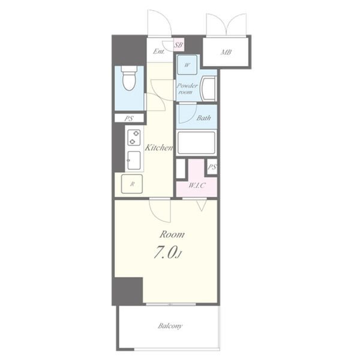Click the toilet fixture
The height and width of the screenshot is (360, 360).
click(x=129, y=78)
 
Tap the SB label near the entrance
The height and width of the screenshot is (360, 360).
click(x=178, y=44)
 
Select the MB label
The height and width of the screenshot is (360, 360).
click(x=226, y=52)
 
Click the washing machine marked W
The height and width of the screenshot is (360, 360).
click(x=187, y=65)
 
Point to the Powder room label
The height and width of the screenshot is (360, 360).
click(x=187, y=89)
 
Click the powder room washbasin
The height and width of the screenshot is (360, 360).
click(x=208, y=88)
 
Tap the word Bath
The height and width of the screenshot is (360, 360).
click(x=203, y=118)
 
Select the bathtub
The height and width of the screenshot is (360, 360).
click(x=196, y=143)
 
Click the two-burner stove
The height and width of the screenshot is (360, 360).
click(x=134, y=137)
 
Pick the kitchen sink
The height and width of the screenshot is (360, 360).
click(x=134, y=160)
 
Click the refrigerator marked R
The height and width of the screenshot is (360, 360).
click(x=132, y=184)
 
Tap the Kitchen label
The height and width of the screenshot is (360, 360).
click(x=158, y=148)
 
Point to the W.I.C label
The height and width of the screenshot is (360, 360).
click(x=197, y=185)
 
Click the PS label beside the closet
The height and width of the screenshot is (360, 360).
click(x=212, y=167)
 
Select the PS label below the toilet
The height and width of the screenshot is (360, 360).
click(x=129, y=118)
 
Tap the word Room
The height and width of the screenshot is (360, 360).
click(x=172, y=235)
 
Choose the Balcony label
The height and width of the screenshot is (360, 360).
click(x=170, y=326)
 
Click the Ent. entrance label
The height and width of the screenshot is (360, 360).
click(x=159, y=52)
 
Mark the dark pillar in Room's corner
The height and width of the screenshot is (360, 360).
click(x=128, y=291)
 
